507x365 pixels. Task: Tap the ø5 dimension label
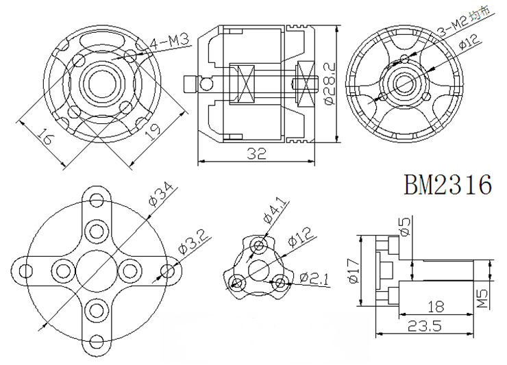(x=404, y=227)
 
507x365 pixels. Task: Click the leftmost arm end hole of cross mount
(x=25, y=269)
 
